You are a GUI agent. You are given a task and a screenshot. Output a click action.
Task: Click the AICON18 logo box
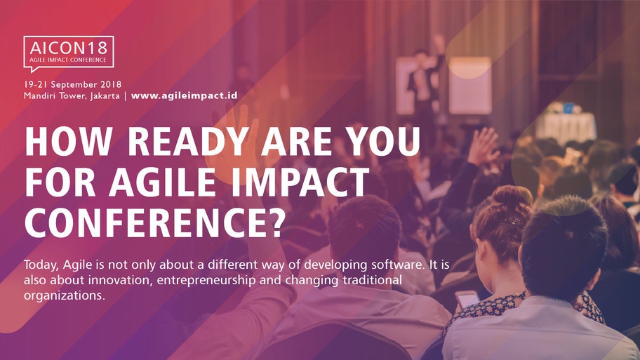pyautogui.click(x=68, y=51)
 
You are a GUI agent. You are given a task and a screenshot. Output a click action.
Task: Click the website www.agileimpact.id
pyautogui.click(x=184, y=95)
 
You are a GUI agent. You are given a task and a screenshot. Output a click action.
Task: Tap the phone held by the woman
pyautogui.click(x=467, y=298)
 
